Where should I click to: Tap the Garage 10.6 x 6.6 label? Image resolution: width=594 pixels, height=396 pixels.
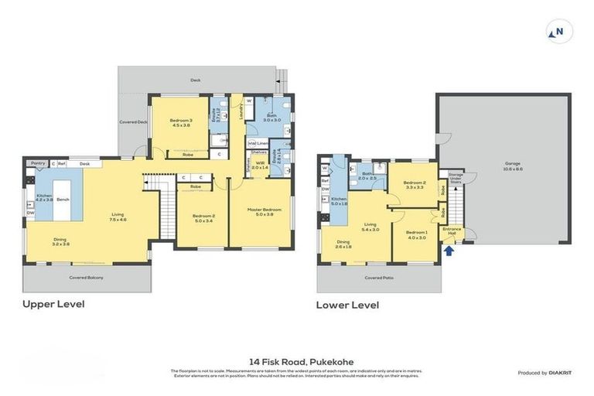(x=513, y=166)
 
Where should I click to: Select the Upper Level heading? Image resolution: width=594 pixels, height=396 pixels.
(x=53, y=304)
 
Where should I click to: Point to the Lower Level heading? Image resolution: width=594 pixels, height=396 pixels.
(x=347, y=305)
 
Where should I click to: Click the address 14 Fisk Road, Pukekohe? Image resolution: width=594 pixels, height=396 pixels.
(x=297, y=361)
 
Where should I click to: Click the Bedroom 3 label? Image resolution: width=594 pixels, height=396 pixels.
(x=181, y=122)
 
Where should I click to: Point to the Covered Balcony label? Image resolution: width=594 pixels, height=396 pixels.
(x=86, y=277)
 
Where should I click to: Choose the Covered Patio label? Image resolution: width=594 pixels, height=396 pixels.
(x=378, y=276)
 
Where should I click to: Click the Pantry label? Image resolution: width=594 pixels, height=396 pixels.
(x=36, y=163)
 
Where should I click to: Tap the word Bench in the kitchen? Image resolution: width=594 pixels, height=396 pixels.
(x=63, y=199)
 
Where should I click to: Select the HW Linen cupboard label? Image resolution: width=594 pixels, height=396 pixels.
(x=258, y=143)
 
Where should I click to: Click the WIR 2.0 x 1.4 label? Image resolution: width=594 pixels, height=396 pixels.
(x=259, y=165)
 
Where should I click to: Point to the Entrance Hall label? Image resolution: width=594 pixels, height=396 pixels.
(x=451, y=230)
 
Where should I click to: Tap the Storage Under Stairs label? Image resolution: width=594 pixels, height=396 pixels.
(x=456, y=177)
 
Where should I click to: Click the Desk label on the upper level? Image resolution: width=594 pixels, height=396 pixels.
(x=84, y=163)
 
